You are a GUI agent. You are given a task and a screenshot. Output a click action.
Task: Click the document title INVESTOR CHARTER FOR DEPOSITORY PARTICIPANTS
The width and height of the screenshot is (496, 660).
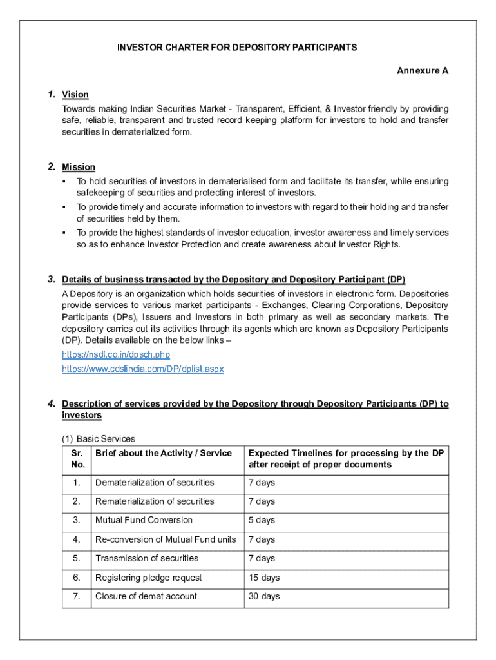click(236, 48)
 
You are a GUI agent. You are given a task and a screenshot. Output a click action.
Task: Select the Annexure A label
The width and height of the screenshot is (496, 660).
click(422, 71)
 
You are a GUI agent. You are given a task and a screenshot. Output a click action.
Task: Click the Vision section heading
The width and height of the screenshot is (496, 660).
click(75, 95)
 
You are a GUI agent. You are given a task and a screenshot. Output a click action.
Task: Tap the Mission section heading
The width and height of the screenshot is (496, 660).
click(79, 167)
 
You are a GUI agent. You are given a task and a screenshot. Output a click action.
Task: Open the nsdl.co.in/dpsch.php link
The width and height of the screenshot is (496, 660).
click(116, 354)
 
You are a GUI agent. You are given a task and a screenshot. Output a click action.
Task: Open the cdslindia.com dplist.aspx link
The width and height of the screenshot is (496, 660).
click(143, 369)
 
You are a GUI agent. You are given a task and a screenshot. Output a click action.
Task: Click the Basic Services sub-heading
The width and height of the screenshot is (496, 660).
click(99, 438)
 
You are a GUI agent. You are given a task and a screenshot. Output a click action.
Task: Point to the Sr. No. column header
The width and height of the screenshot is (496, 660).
click(77, 459)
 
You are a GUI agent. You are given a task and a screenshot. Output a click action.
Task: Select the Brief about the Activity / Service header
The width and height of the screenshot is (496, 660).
click(164, 453)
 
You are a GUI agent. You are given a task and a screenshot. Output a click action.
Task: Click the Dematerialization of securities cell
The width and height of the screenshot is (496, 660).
click(155, 483)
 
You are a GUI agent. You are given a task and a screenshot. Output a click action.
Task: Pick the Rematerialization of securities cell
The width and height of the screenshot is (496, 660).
click(155, 501)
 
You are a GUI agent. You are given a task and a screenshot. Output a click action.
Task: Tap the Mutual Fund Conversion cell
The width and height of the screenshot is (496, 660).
click(144, 520)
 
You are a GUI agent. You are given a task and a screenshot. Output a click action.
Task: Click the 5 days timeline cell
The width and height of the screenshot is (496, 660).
click(262, 520)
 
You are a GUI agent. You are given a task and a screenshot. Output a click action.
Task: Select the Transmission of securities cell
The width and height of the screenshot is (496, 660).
click(147, 558)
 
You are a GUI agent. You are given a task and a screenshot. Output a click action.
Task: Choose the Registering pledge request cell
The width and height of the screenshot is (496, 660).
click(149, 577)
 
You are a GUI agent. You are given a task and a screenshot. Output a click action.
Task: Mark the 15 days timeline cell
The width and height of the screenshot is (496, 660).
click(264, 577)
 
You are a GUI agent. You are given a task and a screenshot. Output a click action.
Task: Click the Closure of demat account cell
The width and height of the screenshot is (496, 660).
click(146, 596)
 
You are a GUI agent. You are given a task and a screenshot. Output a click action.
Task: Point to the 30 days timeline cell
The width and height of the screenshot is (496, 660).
click(264, 596)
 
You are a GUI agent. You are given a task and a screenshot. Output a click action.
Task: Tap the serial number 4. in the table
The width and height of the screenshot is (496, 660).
click(77, 539)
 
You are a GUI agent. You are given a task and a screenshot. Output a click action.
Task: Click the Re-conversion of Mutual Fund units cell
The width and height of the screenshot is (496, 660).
click(166, 539)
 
